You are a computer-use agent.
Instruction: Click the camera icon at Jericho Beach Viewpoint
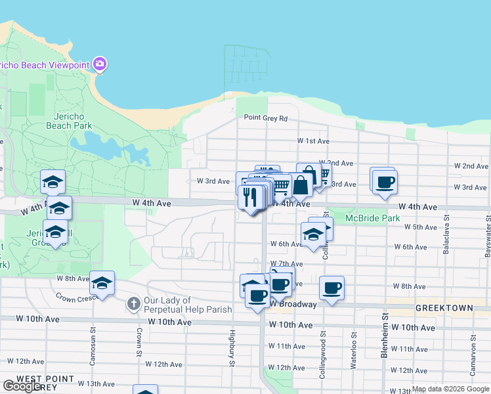point(100,64)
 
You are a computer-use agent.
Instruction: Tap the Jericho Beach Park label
point(69,121)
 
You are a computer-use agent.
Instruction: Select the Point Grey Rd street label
point(266,118)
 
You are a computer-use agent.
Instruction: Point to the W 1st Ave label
point(312,141)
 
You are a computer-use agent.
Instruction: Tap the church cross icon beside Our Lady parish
point(133,304)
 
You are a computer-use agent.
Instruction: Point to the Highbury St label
point(232,348)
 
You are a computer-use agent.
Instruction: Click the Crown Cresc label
point(76,297)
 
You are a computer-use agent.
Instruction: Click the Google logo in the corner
point(22,385)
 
